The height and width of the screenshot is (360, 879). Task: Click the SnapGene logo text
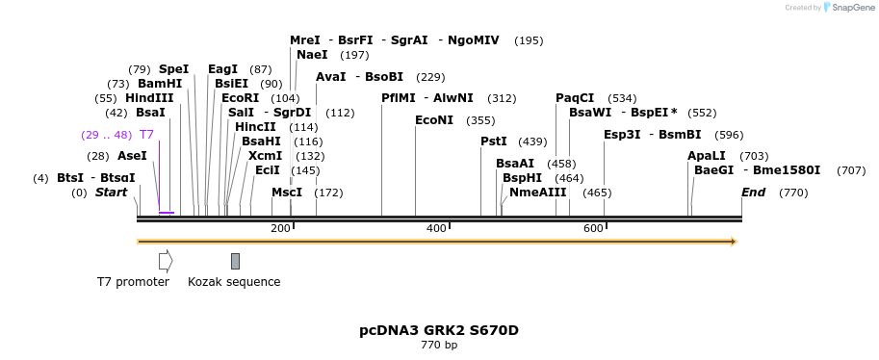click(x=849, y=8)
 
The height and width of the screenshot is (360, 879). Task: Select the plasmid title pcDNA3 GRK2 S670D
click(x=439, y=330)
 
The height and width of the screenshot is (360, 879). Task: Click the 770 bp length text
click(x=439, y=345)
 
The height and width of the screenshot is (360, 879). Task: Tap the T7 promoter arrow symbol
click(x=166, y=261)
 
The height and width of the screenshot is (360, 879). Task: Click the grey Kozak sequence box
click(x=235, y=261)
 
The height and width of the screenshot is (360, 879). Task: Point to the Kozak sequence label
click(x=234, y=282)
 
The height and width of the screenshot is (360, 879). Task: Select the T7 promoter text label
click(x=133, y=282)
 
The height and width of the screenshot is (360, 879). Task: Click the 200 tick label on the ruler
click(x=280, y=228)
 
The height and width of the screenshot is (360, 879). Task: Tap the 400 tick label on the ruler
click(x=436, y=228)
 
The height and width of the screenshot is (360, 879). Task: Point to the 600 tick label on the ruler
click(x=593, y=228)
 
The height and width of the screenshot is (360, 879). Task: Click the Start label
click(x=111, y=193)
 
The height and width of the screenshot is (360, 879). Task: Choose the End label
click(x=753, y=193)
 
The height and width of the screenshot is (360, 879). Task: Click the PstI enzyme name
click(x=494, y=141)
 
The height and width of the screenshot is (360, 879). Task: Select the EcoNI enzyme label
click(x=434, y=120)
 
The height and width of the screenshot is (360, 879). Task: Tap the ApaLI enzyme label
click(x=707, y=156)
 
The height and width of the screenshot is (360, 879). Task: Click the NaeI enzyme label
click(x=312, y=55)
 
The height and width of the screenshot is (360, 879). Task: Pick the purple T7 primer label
click(x=146, y=135)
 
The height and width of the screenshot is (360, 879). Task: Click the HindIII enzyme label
click(x=149, y=98)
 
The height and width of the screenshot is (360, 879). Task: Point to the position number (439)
click(x=532, y=141)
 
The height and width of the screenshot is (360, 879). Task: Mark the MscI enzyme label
click(x=287, y=193)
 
